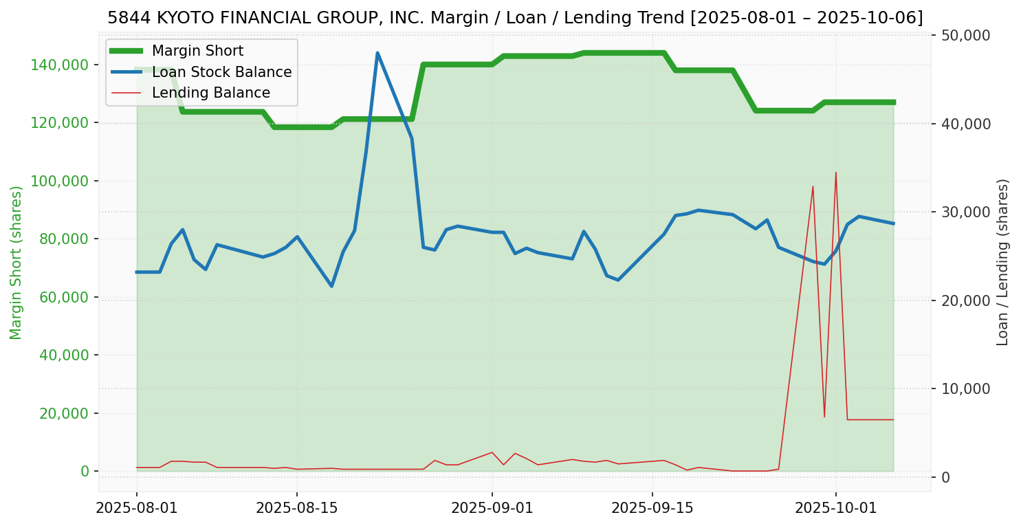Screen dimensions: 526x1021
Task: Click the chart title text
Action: point(515,17)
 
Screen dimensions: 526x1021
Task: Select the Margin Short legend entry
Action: point(197,51)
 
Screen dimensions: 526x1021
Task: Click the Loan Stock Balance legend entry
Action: point(221,72)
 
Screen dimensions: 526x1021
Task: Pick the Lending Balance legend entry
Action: point(210,93)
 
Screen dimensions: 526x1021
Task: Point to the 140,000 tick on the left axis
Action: point(61,65)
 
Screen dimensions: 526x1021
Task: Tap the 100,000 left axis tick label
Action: point(61,181)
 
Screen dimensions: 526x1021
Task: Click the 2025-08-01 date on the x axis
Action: point(137,508)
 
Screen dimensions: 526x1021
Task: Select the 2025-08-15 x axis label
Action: point(297,508)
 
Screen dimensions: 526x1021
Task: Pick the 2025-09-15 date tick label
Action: point(652,508)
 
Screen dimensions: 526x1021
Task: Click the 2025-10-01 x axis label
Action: point(835,508)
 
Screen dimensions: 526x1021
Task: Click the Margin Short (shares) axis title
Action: point(17,263)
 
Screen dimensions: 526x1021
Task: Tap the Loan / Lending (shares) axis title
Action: point(1002,262)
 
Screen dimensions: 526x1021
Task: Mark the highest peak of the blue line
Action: point(377,53)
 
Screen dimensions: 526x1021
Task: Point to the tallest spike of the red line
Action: point(835,172)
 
